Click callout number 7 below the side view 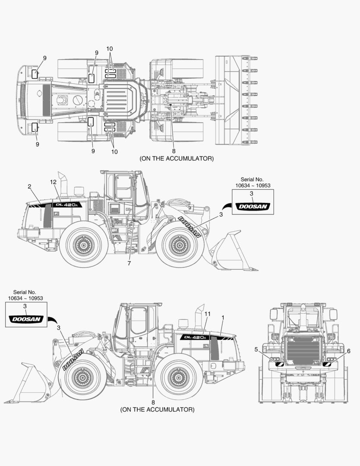(x=128, y=263)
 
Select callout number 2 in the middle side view (x=29, y=186)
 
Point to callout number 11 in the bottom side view (x=207, y=314)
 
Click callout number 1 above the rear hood (x=223, y=318)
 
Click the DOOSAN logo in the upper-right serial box (x=252, y=207)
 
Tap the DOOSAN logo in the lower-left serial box (x=26, y=319)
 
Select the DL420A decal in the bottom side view (x=195, y=337)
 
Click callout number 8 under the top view (x=174, y=151)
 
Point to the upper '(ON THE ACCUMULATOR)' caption (x=176, y=158)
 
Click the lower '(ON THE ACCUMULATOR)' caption (x=157, y=409)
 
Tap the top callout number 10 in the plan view (x=110, y=48)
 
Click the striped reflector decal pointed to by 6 (x=327, y=365)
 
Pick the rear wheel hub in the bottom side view (x=178, y=377)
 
